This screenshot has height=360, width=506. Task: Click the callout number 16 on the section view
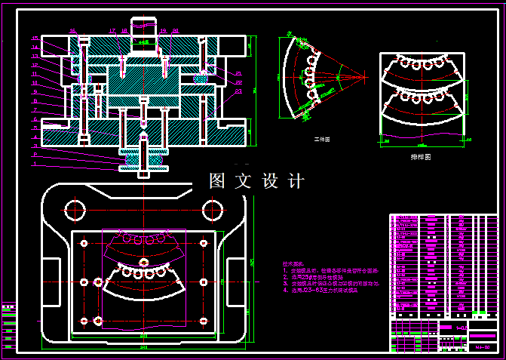coord(72,31)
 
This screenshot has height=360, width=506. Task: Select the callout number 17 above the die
coord(112,31)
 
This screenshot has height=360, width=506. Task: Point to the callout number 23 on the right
coord(238,91)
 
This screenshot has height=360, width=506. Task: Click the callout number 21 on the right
coord(238,74)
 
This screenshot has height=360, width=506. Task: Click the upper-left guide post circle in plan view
coord(74,208)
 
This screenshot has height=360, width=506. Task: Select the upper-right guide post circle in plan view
coord(214,208)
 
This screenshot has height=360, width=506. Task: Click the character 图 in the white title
coord(217,181)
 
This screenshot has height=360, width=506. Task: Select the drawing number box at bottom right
coord(483,346)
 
